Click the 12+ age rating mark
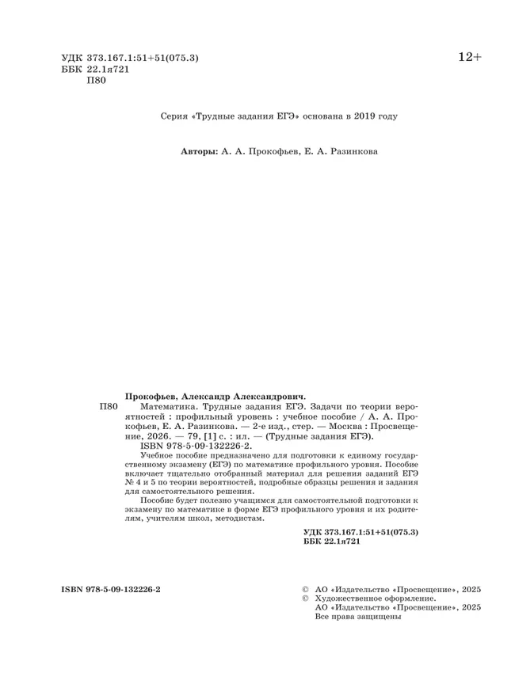[468, 57]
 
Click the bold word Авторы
[198, 151]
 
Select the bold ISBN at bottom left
[111, 590]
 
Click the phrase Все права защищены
[358, 618]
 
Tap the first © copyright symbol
[306, 590]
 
